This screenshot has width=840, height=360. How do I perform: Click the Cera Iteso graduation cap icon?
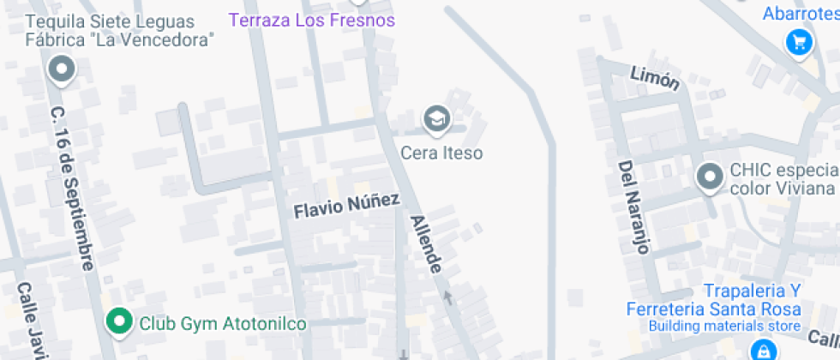[437, 119]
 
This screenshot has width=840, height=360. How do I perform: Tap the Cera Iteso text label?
[441, 153]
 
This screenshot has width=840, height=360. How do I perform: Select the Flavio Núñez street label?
[347, 205]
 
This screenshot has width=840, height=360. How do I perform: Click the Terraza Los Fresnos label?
[313, 20]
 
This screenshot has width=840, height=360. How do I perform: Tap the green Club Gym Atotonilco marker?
[118, 322]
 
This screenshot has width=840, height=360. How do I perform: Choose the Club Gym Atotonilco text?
[222, 324]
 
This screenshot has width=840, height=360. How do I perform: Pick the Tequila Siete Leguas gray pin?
[62, 69]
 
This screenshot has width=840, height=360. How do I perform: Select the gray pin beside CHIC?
[709, 177]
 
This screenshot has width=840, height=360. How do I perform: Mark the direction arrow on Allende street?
[447, 297]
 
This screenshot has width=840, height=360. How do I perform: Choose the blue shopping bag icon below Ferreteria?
[760, 350]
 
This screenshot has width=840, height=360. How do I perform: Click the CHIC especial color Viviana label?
[782, 179]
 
